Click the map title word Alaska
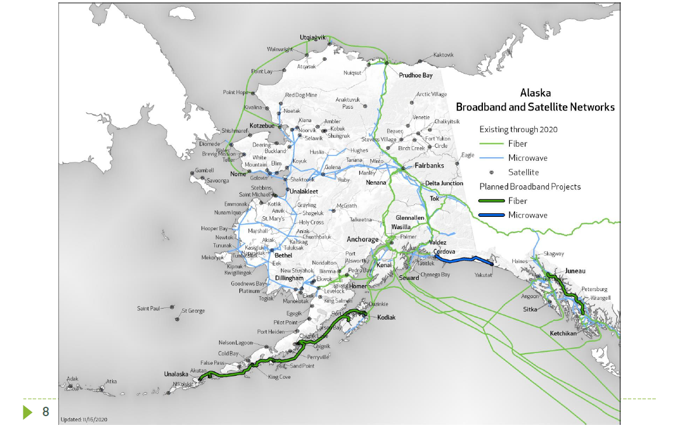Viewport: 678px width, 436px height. click(535, 92)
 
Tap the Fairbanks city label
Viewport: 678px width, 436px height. click(429, 165)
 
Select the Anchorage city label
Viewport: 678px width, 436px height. click(363, 239)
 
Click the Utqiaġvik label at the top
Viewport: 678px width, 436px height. click(312, 37)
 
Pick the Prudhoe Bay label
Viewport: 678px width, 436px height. click(415, 75)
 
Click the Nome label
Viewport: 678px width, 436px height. click(238, 174)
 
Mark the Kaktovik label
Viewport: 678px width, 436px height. click(443, 55)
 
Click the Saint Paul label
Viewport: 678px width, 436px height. click(149, 308)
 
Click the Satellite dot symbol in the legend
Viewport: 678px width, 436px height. click(491, 172)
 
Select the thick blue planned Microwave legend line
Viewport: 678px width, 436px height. click(491, 215)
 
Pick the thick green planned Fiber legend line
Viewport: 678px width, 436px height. click(491, 201)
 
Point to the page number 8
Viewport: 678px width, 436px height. click(46, 412)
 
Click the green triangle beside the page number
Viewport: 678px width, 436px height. click(27, 412)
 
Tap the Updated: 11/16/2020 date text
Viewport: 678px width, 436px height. click(84, 420)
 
